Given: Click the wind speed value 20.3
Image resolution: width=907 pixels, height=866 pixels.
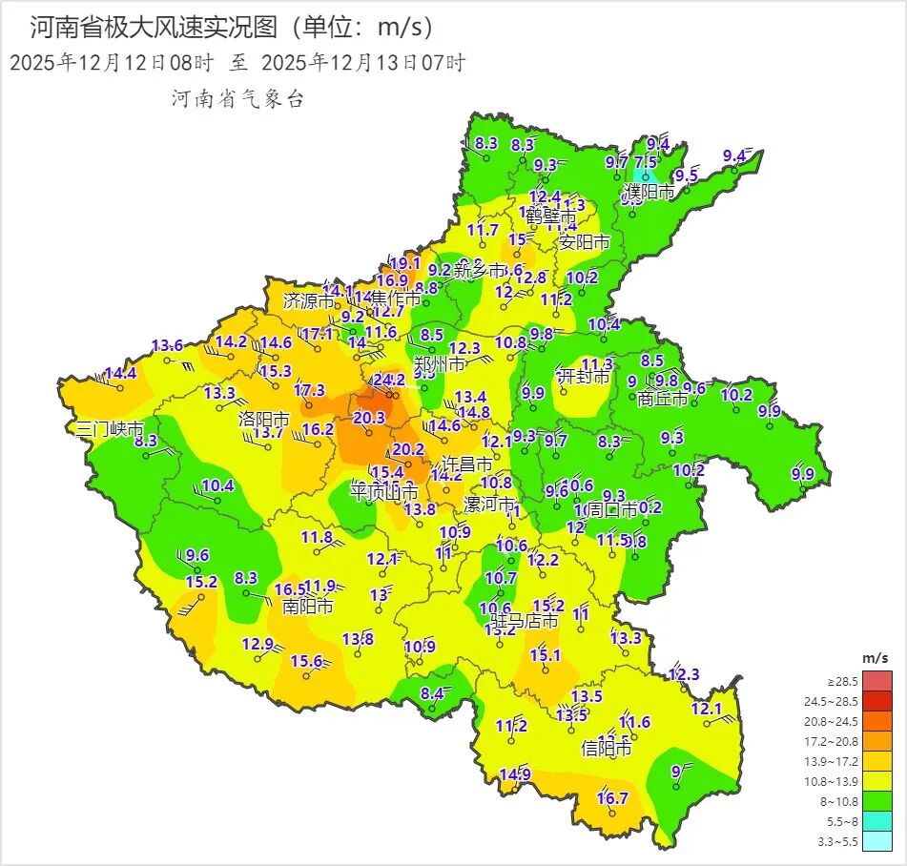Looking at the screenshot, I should click(x=369, y=418).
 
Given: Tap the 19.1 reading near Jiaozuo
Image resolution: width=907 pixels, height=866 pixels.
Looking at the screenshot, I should click(x=405, y=263).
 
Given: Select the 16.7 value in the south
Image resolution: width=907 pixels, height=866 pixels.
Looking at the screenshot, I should click(x=612, y=798).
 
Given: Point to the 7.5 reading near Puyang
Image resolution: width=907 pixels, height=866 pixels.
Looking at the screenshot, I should click(x=646, y=162).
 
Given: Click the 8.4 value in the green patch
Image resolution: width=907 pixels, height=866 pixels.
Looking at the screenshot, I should click(x=433, y=693).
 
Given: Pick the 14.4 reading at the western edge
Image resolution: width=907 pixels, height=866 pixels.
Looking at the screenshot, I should click(x=121, y=374).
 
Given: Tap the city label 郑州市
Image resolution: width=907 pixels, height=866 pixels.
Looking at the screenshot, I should click(x=440, y=364).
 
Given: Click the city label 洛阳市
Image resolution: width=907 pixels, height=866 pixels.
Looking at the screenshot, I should click(x=263, y=419).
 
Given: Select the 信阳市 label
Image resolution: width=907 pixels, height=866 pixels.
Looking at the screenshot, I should click(x=607, y=749).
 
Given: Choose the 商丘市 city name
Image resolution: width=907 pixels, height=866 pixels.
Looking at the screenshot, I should click(x=662, y=399).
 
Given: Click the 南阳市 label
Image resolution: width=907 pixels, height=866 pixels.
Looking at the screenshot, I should click(x=308, y=606).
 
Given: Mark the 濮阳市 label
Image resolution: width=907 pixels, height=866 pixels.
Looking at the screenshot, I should click(x=649, y=192).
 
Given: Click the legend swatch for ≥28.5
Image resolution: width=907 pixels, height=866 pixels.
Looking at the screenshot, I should click(x=878, y=681).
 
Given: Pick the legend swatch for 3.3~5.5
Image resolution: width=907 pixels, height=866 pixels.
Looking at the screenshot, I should click(x=878, y=840).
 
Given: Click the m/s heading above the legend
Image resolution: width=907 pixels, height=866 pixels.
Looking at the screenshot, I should click(x=875, y=658).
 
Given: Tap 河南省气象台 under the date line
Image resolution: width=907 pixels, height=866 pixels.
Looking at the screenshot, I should click(x=237, y=98).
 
